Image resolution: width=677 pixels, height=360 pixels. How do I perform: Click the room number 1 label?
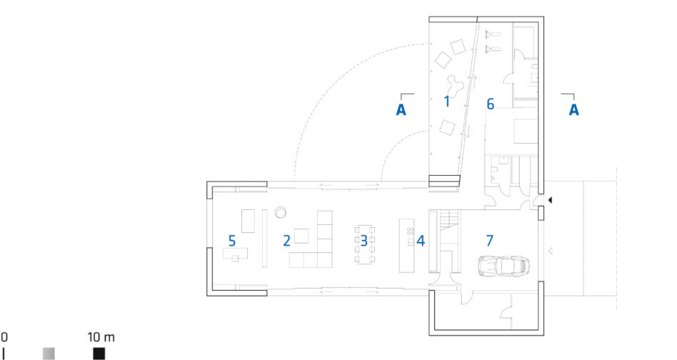click(x=447, y=102)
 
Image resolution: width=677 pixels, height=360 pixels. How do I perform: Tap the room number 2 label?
click(x=286, y=241)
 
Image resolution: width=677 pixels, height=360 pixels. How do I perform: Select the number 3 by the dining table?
click(x=364, y=241)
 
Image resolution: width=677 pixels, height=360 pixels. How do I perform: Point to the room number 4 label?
click(x=421, y=241)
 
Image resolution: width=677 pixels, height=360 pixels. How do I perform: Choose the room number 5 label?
click(x=232, y=241)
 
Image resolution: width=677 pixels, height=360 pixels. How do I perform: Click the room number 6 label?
click(x=490, y=104)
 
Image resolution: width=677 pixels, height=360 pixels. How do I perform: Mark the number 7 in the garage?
click(x=489, y=241)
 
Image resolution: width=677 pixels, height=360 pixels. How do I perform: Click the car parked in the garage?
click(x=503, y=265)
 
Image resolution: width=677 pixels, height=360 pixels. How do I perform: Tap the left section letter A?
click(x=401, y=110)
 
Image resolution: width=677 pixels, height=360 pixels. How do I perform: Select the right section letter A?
click(x=574, y=110)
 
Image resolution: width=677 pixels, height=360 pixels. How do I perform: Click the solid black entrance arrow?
click(x=550, y=200)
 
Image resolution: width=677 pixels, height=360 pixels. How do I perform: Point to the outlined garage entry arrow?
click(x=551, y=251)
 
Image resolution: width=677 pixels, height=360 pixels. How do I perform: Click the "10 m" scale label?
click(x=101, y=337)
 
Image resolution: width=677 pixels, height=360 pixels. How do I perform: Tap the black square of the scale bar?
click(x=99, y=354)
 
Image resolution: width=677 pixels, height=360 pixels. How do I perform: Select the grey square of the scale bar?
click(x=49, y=354)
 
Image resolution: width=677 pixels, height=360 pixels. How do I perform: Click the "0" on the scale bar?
click(x=4, y=337)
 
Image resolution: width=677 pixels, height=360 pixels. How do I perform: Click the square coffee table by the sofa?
click(x=301, y=236)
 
